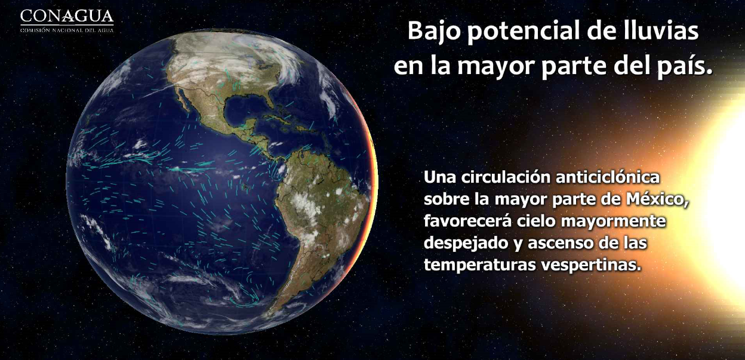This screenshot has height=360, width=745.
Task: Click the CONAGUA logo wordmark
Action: (67, 16)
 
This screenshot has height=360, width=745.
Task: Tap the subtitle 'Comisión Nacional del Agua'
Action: (67, 29)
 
